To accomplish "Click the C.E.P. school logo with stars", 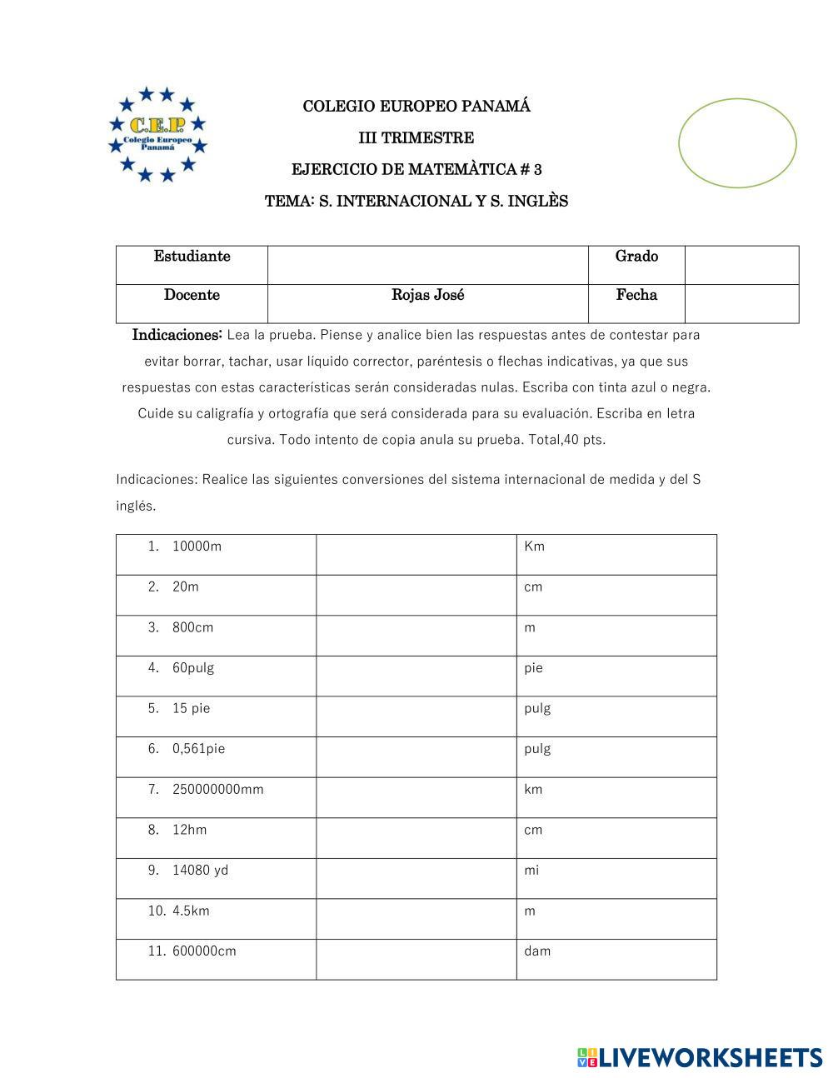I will (157, 134).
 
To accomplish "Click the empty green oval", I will (737, 143).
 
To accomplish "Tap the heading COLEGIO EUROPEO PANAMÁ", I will (416, 107).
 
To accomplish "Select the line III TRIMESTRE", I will (416, 138).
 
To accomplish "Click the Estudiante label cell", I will (192, 257).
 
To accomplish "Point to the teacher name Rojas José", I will (428, 295).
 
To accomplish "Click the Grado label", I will (636, 257).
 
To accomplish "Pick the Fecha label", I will (636, 295).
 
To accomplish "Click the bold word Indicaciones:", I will (177, 335).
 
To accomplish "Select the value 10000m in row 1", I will (197, 546).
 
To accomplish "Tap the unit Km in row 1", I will (534, 546).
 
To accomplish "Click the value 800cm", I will (192, 627).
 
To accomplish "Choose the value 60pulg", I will (193, 668).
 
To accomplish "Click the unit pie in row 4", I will (533, 668).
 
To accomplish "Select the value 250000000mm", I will (217, 789).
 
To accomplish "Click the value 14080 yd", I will (200, 871).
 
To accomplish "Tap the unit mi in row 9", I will (531, 871).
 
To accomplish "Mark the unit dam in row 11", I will (537, 951).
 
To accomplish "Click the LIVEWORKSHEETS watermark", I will (700, 1057).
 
